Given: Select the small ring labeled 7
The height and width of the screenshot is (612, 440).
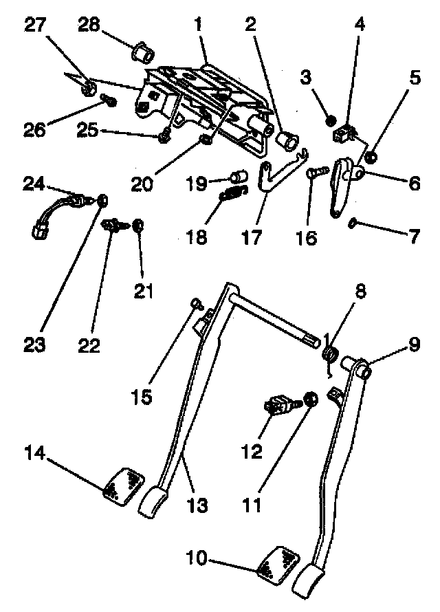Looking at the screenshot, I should click(x=351, y=222).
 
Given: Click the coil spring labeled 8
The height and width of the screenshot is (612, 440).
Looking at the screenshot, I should click(x=329, y=356).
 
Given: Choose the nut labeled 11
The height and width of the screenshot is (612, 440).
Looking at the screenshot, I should click(x=309, y=399).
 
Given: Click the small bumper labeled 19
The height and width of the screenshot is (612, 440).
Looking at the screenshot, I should click(x=239, y=174).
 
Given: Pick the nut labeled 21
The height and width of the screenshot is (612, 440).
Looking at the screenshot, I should click(x=137, y=225).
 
